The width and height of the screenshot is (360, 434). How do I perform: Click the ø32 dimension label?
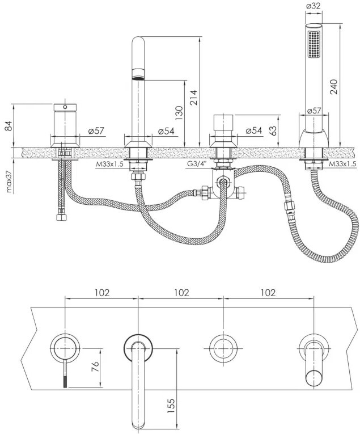pyautogui.click(x=314, y=6)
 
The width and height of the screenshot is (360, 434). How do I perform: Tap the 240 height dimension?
pyautogui.click(x=334, y=87)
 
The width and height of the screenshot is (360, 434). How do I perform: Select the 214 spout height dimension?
pyautogui.click(x=194, y=98)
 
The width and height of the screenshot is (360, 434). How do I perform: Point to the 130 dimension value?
pyautogui.click(x=179, y=113)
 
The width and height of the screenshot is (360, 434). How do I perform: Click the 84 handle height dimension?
pyautogui.click(x=9, y=126)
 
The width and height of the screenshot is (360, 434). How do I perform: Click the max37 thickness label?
pyautogui.click(x=9, y=180)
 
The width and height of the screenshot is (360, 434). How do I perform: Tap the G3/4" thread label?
pyautogui.click(x=197, y=164)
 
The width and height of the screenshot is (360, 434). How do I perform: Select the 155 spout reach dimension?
pyautogui.click(x=171, y=406)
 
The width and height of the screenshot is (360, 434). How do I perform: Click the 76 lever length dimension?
pyautogui.click(x=95, y=367)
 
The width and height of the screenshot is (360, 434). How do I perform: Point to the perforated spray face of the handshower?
pyautogui.click(x=314, y=44)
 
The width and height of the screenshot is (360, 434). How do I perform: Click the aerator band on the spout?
pyautogui.click(x=138, y=74)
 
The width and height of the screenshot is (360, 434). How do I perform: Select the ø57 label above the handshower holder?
pyautogui.click(x=314, y=111)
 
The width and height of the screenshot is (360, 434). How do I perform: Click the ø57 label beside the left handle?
pyautogui.click(x=96, y=130)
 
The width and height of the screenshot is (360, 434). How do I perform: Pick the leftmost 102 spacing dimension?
pyautogui.click(x=102, y=292)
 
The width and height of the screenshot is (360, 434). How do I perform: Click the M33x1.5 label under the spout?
pyautogui.click(x=109, y=164)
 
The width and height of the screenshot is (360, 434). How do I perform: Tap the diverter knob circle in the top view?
pyautogui.click(x=223, y=348)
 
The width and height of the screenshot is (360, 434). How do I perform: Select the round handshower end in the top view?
pyautogui.click(x=314, y=377)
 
